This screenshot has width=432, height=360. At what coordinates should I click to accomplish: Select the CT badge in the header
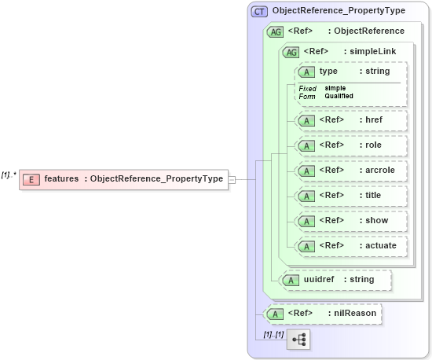pos(259,12)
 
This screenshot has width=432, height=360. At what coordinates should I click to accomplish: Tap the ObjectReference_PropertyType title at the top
pos(339,12)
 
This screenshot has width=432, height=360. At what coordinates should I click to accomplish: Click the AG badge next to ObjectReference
pos(276,31)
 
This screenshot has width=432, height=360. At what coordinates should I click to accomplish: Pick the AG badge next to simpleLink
pos(291,52)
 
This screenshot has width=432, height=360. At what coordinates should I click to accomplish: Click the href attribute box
pos(350,121)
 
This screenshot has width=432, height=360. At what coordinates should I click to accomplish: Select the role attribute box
pos(350,145)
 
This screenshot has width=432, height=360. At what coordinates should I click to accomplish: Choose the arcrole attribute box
pos(350,170)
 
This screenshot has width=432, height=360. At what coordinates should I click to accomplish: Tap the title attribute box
pos(350,195)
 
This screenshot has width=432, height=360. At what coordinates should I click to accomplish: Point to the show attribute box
pos(350,220)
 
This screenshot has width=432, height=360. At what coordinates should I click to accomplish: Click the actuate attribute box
pos(350,245)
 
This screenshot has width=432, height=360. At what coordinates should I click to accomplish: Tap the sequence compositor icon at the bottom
pos(299,340)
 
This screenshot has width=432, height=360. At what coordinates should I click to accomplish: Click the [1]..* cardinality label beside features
pos(9,174)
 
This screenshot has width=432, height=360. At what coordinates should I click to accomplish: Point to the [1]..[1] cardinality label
pos(273,334)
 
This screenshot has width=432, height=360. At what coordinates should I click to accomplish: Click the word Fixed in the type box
pos(307,88)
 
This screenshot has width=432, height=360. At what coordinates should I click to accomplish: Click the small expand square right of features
pos(232,179)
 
